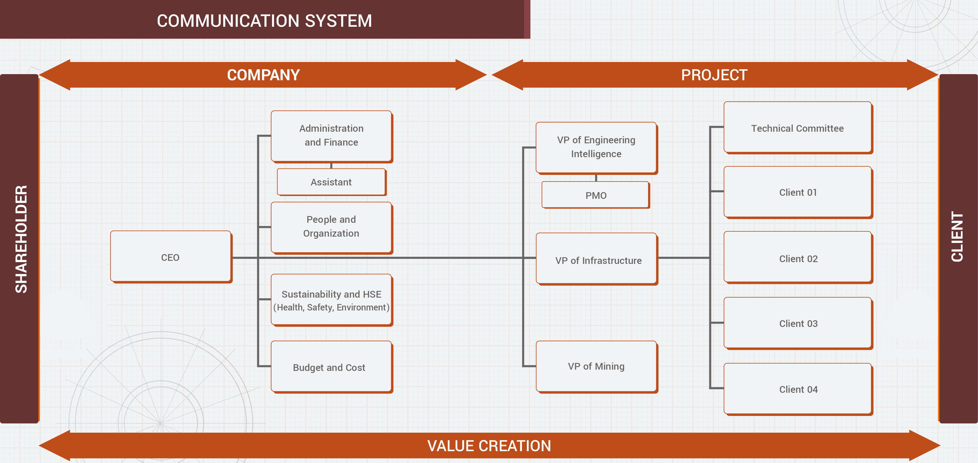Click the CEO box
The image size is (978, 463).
click(170, 257)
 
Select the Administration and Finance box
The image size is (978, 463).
click(331, 136)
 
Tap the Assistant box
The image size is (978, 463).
click(331, 182)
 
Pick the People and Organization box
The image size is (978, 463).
click(331, 227)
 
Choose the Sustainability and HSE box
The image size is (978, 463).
click(331, 300)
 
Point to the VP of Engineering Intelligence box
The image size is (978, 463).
click(596, 147)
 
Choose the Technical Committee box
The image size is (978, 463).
click(797, 128)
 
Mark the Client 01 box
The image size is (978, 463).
click(797, 192)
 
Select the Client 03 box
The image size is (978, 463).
click(797, 323)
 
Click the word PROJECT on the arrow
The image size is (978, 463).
click(714, 75)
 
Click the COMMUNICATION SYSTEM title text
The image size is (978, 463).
click(264, 21)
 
